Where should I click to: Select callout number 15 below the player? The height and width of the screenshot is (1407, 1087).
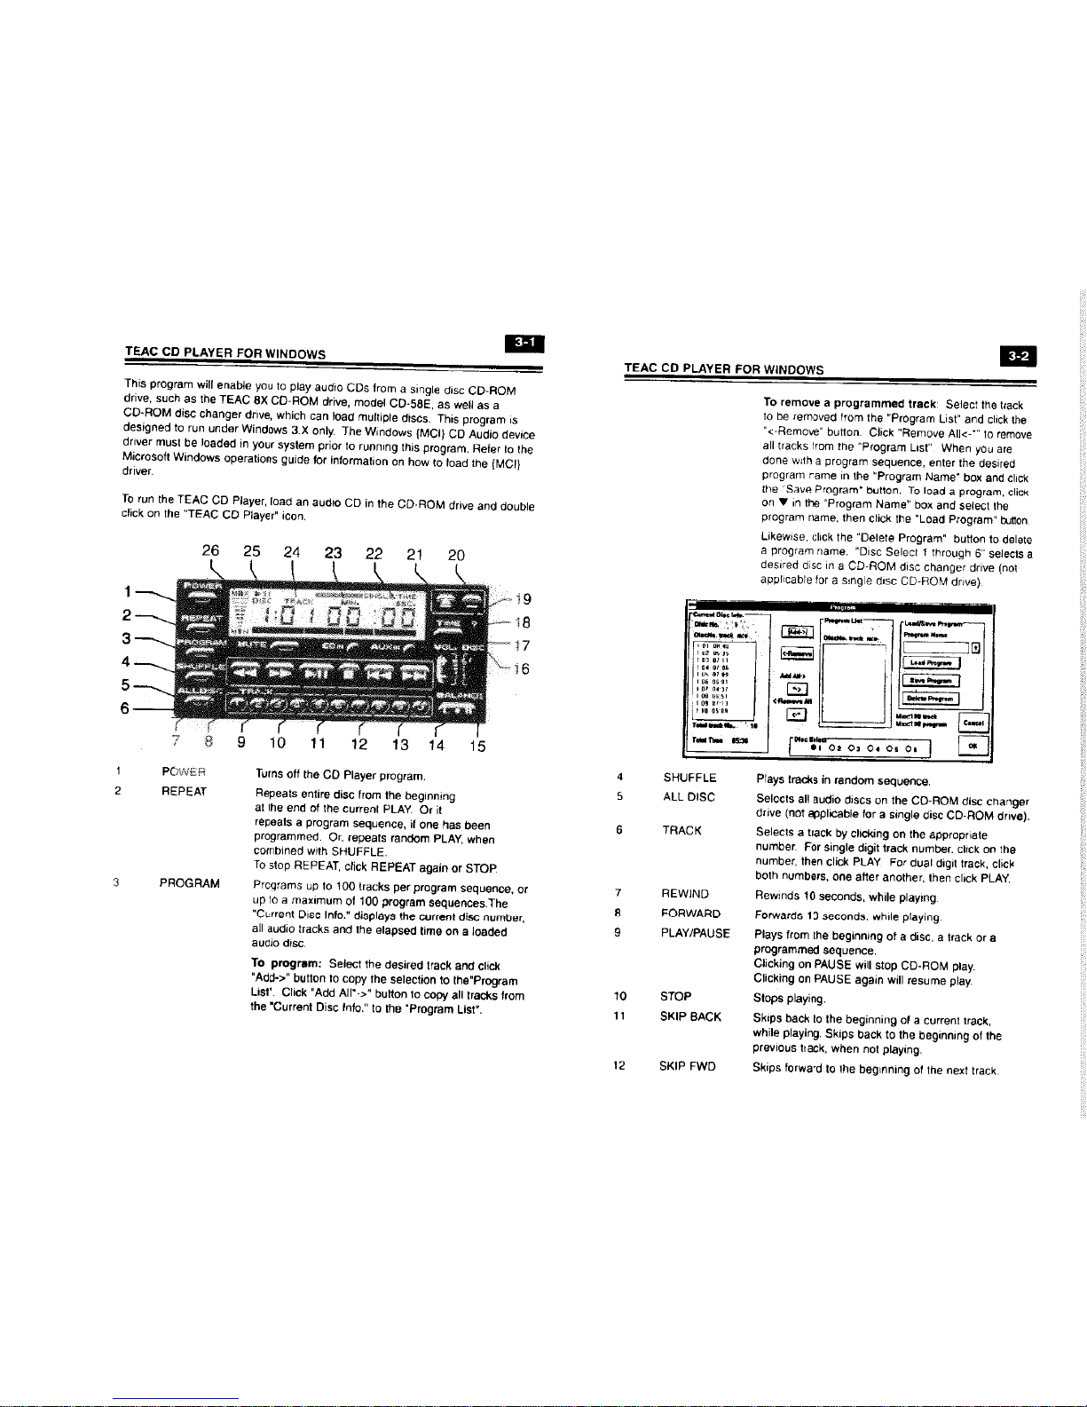pyautogui.click(x=477, y=746)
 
